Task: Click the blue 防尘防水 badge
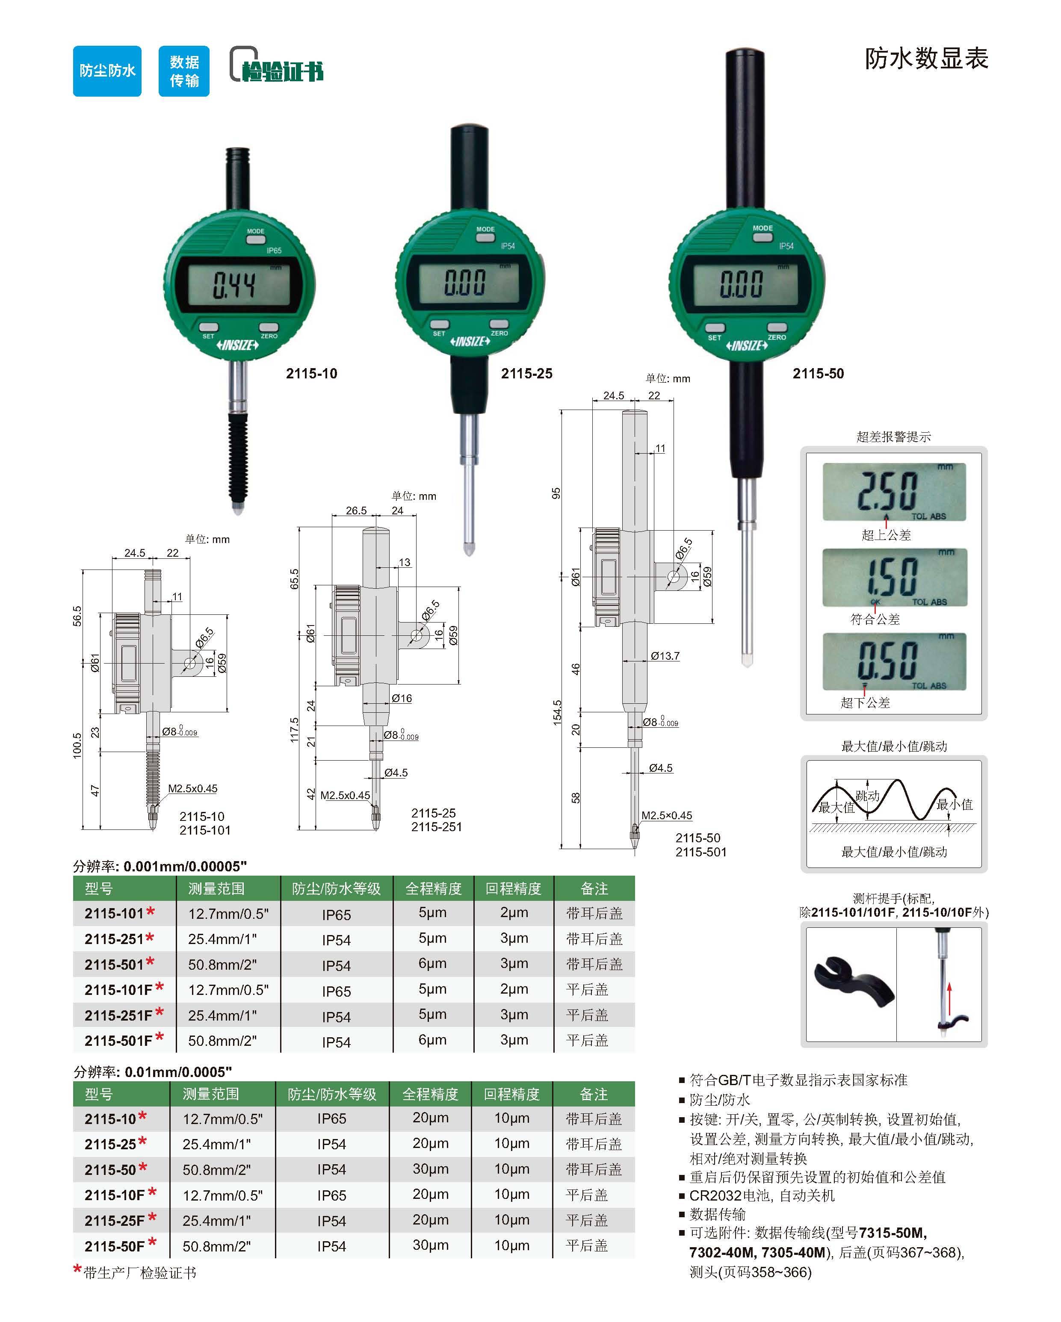(107, 71)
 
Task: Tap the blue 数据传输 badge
(184, 71)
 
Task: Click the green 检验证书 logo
(277, 65)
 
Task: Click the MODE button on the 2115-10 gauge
(256, 239)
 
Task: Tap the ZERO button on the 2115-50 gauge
(777, 328)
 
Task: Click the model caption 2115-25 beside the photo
(526, 373)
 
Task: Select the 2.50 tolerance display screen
(894, 492)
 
